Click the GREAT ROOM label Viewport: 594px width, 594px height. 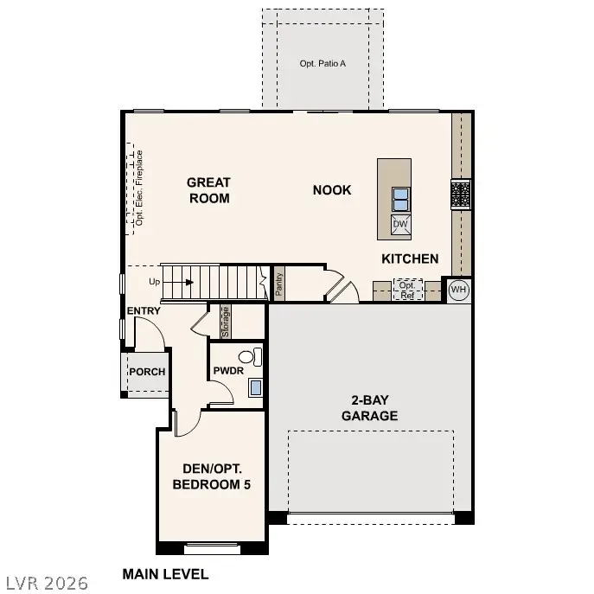(208, 190)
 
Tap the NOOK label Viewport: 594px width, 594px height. (332, 189)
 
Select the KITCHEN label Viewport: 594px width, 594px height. (410, 259)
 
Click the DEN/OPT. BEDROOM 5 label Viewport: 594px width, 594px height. (212, 477)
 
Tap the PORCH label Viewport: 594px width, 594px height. (147, 372)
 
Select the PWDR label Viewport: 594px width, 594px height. (229, 371)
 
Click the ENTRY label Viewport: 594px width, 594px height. (144, 310)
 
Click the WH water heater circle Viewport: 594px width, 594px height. (458, 290)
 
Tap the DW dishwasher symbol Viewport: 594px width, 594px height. (400, 225)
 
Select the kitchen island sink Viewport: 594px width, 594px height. (400, 200)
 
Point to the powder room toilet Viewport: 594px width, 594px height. (247, 355)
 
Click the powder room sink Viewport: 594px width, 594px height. (256, 387)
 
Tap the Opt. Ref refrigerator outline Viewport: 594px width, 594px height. (407, 290)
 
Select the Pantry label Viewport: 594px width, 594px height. (279, 284)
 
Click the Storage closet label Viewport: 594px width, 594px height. (225, 322)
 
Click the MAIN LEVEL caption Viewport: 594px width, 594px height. (165, 573)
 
